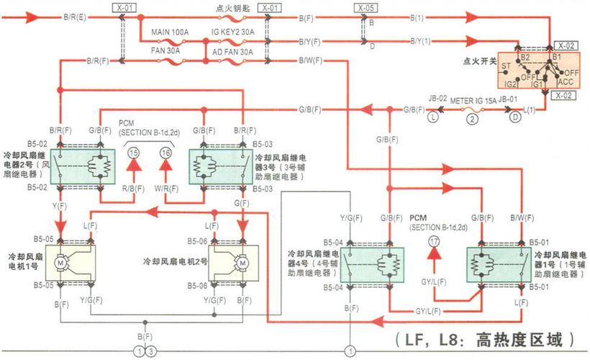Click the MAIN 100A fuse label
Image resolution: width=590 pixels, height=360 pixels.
click(169, 32)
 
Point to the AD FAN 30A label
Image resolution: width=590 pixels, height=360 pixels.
click(232, 52)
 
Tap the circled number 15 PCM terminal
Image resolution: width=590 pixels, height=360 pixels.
click(134, 152)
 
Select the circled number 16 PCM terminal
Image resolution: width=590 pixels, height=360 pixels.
click(166, 152)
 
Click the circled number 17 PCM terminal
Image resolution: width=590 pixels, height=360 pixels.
click(433, 243)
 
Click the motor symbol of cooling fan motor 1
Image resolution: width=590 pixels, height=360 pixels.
click(61, 264)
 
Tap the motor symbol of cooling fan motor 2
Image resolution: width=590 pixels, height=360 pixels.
click(242, 264)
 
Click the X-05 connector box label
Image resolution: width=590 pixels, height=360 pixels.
click(366, 7)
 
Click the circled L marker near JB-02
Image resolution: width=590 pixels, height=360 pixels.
click(432, 115)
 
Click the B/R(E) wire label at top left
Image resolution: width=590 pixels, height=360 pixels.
click(76, 14)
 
